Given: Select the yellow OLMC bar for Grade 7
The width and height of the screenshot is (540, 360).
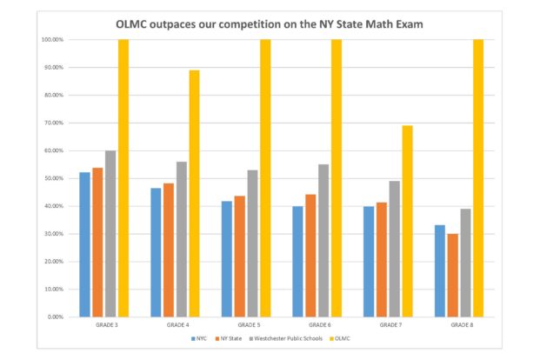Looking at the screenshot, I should tap(407, 221).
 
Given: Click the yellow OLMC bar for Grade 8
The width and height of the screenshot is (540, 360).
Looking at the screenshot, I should tap(478, 177).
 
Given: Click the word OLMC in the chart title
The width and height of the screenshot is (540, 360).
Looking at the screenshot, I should tap(134, 24).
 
